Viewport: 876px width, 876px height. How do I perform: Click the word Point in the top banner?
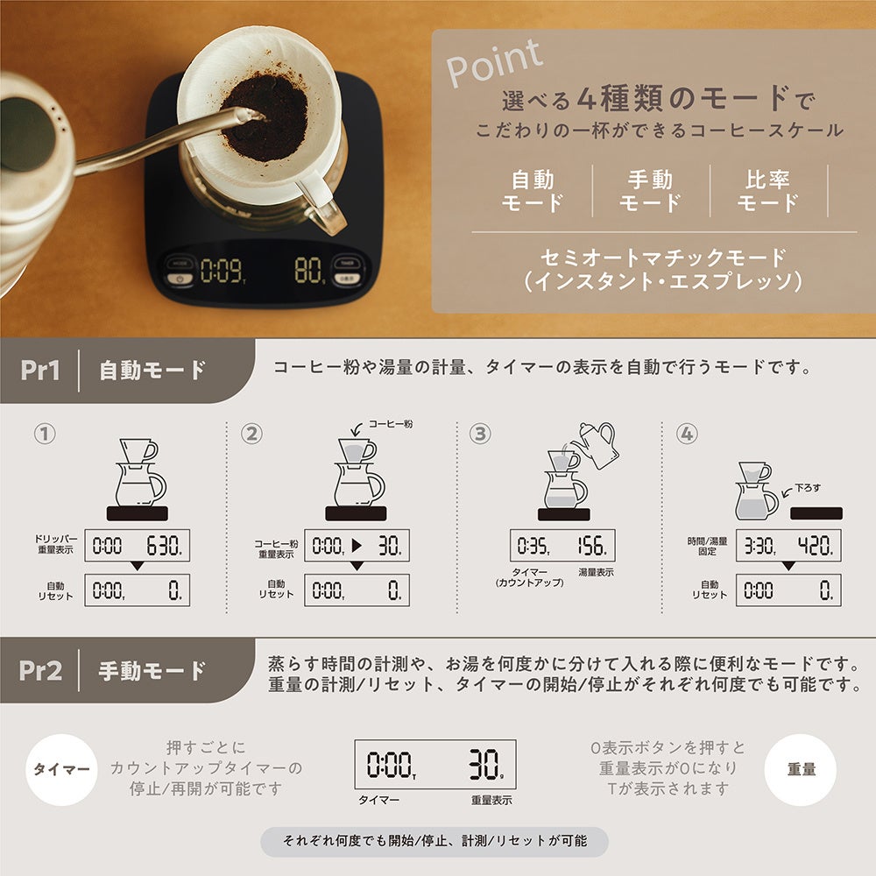pyautogui.click(x=494, y=63)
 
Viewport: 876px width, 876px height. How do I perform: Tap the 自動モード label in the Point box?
pyautogui.click(x=532, y=192)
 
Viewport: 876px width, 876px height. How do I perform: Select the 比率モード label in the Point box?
pyautogui.click(x=767, y=192)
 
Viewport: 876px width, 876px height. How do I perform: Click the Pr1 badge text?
pyautogui.click(x=40, y=370)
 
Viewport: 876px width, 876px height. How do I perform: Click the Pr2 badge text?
pyautogui.click(x=40, y=671)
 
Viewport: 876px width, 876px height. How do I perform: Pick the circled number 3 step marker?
pyautogui.click(x=479, y=434)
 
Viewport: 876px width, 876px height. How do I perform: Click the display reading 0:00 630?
pyautogui.click(x=138, y=547)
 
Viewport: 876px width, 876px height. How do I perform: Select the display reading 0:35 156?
pyautogui.click(x=562, y=547)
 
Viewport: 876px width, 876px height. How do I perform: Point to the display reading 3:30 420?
pyautogui.click(x=788, y=547)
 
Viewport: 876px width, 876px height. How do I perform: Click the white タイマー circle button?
pyautogui.click(x=61, y=770)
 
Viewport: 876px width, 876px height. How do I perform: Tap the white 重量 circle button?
pyautogui.click(x=801, y=770)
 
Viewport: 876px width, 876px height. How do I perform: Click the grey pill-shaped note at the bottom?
pyautogui.click(x=434, y=842)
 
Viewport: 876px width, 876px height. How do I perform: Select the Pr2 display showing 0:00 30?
pyautogui.click(x=434, y=764)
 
